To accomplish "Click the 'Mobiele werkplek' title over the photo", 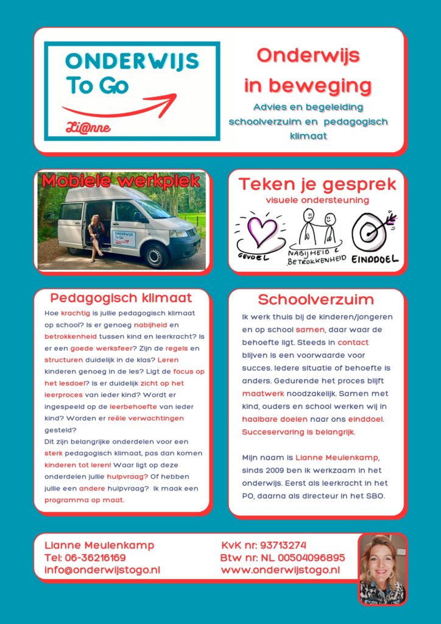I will tap(121, 181).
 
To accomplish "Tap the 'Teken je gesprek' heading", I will tap(317, 184).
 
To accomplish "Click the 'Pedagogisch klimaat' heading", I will tap(121, 298).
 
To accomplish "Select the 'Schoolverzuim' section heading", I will tap(316, 299).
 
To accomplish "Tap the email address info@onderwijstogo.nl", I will tap(102, 570).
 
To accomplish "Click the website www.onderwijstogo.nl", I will tap(280, 570).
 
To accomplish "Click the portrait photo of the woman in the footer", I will tap(382, 569).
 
